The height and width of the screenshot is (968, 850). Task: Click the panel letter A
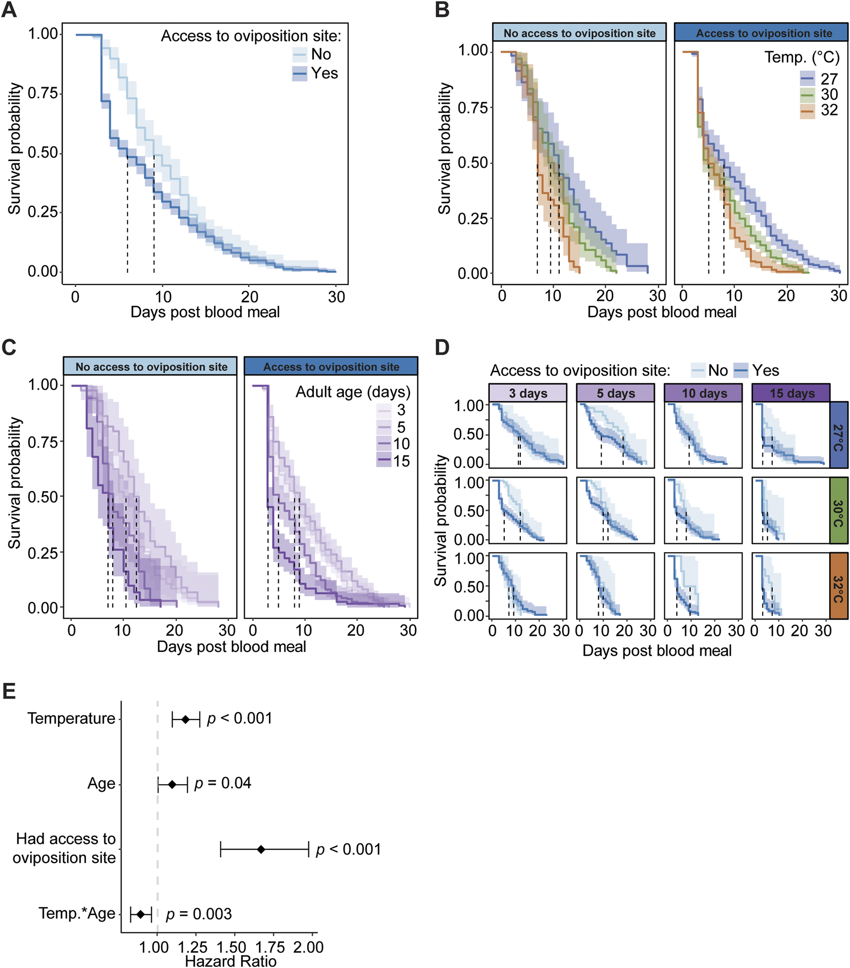(9, 10)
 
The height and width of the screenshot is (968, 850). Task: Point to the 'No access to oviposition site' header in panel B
(579, 33)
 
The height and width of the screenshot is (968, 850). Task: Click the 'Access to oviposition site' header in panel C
(331, 367)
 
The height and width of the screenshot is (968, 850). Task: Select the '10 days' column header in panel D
(704, 393)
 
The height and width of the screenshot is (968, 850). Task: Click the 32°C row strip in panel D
(838, 585)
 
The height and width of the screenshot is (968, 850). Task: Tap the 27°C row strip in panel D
(838, 435)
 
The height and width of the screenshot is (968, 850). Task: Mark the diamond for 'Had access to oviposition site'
(261, 849)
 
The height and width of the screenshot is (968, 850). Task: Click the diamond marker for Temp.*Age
(141, 914)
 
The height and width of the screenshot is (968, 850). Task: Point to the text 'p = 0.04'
(223, 783)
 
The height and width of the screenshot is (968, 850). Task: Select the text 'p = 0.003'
(199, 914)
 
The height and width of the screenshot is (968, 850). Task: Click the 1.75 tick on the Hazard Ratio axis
(270, 947)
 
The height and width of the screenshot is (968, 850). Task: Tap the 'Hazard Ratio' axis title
(230, 961)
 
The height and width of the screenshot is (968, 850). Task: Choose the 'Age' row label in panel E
(101, 784)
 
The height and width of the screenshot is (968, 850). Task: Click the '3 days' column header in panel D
(528, 393)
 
